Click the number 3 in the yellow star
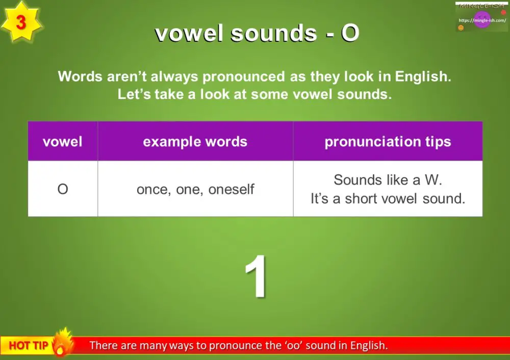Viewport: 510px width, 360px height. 21,23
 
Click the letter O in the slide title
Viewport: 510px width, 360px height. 350,34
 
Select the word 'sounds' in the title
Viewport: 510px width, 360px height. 273,34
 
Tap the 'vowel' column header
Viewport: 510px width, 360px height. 62,142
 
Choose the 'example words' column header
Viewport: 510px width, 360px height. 195,142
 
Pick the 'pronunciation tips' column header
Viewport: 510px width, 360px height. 388,142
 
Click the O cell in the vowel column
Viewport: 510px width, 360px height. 62,190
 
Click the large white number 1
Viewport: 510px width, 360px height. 256,277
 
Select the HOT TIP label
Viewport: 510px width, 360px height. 28,346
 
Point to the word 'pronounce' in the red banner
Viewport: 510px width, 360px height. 239,346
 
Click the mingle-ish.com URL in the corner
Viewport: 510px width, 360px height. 482,20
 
